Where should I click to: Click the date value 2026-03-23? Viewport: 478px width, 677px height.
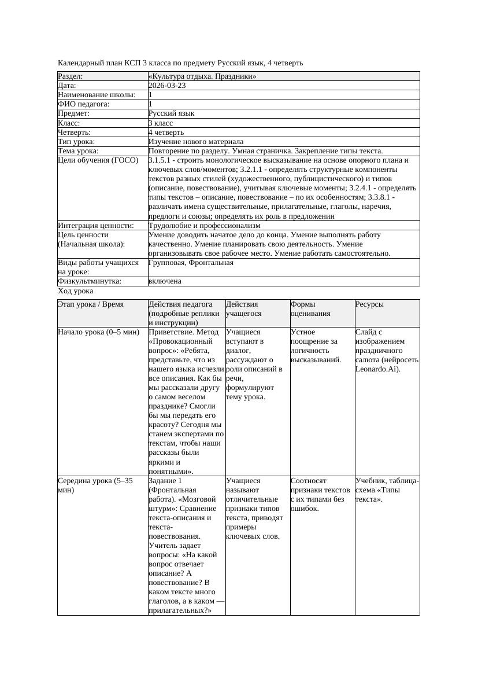click(167, 85)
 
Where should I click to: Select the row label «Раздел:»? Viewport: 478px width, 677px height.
click(71, 76)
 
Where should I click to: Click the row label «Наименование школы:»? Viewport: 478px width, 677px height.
click(97, 94)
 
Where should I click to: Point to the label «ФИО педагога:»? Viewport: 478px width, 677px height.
click(84, 104)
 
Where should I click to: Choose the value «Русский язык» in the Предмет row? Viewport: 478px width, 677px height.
click(171, 113)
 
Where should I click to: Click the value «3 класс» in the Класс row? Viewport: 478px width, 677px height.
click(161, 123)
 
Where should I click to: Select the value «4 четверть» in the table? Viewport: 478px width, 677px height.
click(166, 132)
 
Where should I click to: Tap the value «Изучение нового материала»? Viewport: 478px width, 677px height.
click(196, 141)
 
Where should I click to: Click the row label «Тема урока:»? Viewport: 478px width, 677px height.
click(79, 151)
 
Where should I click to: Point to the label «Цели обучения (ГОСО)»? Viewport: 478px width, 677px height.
click(98, 160)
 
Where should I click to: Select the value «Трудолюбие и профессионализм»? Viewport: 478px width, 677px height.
click(204, 225)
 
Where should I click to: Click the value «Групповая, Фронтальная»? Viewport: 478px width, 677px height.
click(191, 263)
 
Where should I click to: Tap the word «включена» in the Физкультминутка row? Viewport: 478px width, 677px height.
click(165, 281)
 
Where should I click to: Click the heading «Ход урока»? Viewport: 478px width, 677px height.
click(76, 291)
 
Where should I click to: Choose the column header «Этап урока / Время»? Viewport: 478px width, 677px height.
click(91, 304)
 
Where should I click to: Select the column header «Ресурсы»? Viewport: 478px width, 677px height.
click(369, 304)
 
